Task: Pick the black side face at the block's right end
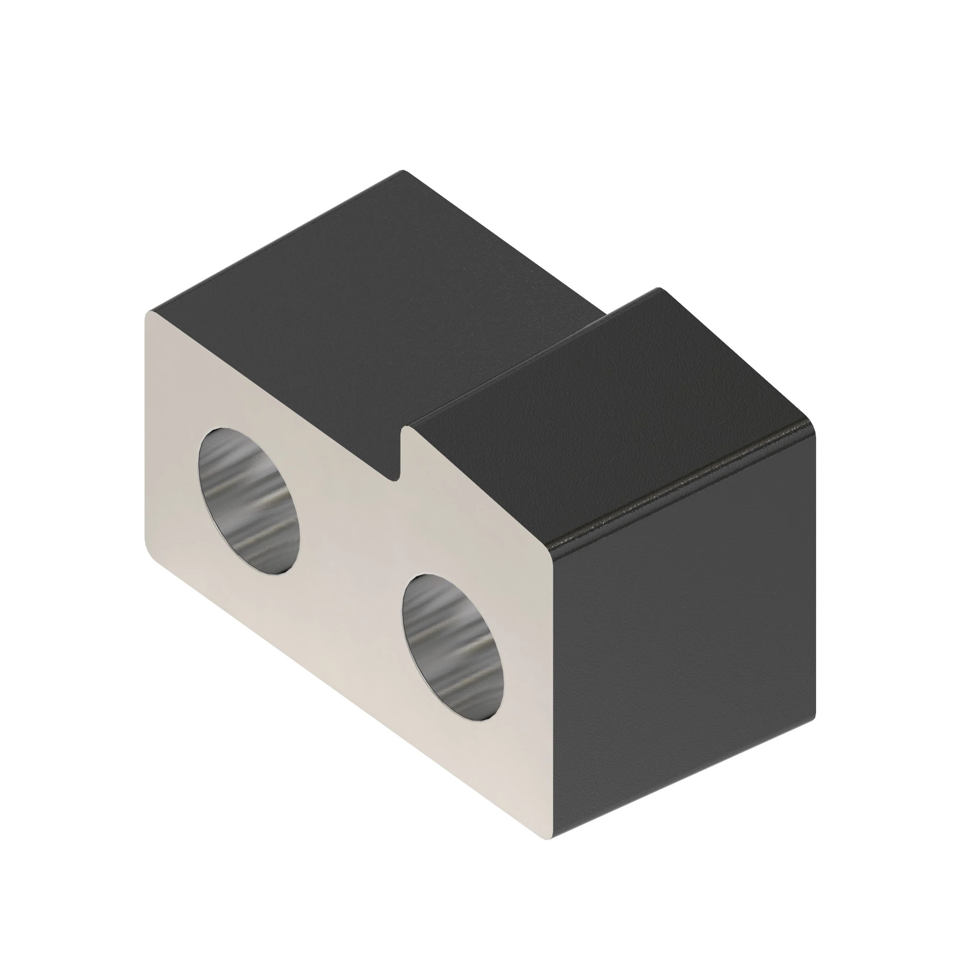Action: click(x=687, y=633)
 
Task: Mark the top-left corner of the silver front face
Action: click(x=149, y=314)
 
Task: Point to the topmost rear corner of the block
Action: click(x=403, y=171)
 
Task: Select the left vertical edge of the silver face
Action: click(x=144, y=430)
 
